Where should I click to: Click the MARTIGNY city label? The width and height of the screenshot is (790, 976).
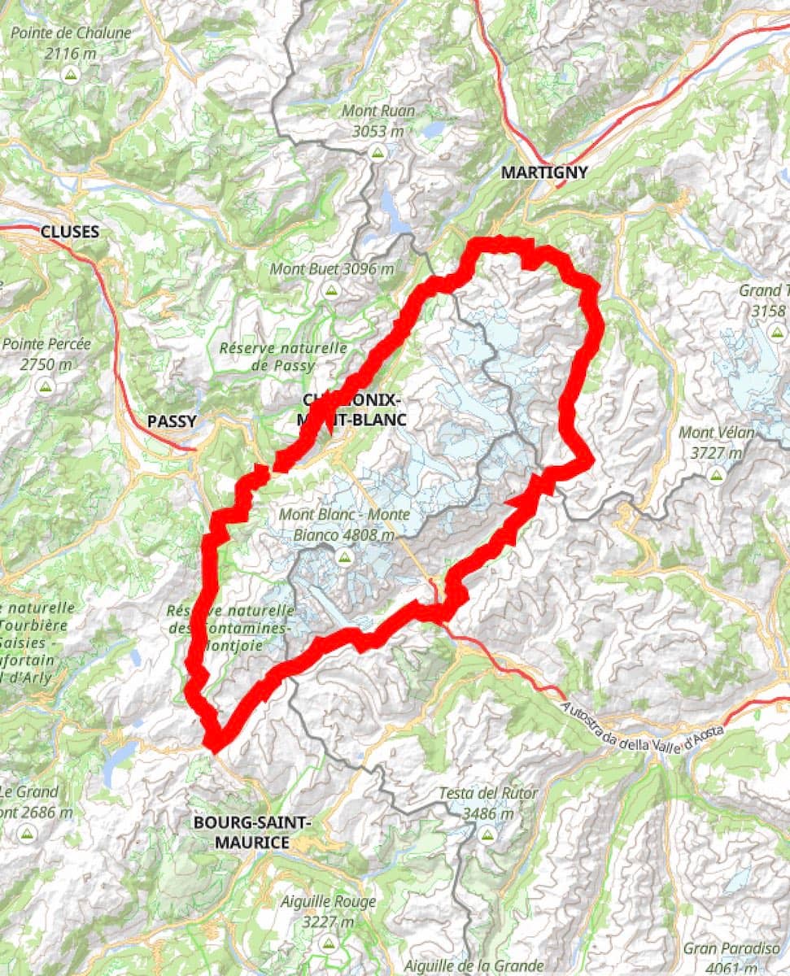click(x=543, y=172)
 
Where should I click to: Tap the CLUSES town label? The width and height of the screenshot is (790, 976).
click(x=70, y=232)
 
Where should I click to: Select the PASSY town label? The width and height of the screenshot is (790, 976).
click(x=172, y=421)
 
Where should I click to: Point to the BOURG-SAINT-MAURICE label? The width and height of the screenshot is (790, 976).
click(x=252, y=832)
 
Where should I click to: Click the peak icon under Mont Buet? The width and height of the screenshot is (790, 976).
click(x=330, y=290)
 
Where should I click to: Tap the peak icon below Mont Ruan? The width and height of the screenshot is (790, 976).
click(x=377, y=152)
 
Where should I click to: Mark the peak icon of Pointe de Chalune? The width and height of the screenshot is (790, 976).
click(x=71, y=75)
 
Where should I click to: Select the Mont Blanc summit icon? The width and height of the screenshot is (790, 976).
click(x=344, y=556)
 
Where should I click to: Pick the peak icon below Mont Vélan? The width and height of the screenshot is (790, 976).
click(x=716, y=474)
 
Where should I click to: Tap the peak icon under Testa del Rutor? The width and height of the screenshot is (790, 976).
click(x=487, y=834)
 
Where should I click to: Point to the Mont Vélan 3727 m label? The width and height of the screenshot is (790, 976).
click(x=716, y=442)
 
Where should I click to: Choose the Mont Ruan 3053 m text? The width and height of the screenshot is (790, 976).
click(x=378, y=120)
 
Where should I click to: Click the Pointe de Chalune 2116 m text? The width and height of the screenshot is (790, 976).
click(x=71, y=43)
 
